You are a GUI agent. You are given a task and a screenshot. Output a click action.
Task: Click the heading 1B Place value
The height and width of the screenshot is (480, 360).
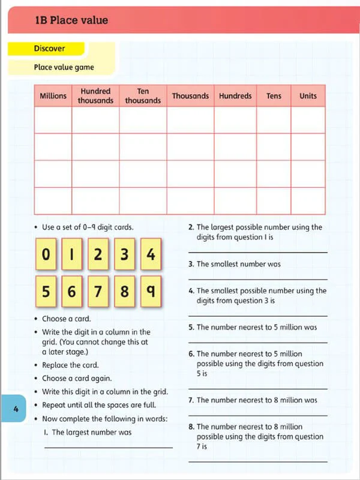[x=71, y=20]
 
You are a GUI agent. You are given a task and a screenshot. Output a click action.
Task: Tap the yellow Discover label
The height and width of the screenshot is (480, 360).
[x=49, y=48]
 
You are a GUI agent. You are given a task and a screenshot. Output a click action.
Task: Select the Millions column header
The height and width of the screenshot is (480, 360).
[x=53, y=96]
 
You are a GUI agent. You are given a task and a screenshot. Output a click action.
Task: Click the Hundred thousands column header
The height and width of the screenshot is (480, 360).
[x=95, y=96]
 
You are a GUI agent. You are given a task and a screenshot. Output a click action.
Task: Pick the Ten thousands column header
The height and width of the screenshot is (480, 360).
[x=143, y=96]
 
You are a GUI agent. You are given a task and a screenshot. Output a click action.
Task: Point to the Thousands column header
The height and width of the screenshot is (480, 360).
[x=190, y=96]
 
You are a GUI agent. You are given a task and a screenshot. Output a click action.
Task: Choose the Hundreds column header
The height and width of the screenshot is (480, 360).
[x=235, y=96]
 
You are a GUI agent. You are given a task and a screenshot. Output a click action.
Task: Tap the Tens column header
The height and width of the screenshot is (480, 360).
[x=274, y=96]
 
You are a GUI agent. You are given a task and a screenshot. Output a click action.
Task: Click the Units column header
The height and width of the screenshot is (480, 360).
[x=308, y=96]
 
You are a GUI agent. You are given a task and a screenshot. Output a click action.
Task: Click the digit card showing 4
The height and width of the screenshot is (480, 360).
[x=151, y=255]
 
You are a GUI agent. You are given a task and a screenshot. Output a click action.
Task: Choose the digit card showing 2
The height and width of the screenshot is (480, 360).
[x=98, y=255]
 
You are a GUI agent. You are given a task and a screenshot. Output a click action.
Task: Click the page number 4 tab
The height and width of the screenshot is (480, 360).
[x=16, y=410]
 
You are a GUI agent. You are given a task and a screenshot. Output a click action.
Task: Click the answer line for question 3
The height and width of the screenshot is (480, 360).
[x=258, y=279]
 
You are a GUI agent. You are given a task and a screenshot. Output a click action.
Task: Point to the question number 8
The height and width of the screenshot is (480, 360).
[x=191, y=427]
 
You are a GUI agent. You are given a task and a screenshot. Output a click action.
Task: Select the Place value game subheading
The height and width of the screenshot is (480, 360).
[x=64, y=67]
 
